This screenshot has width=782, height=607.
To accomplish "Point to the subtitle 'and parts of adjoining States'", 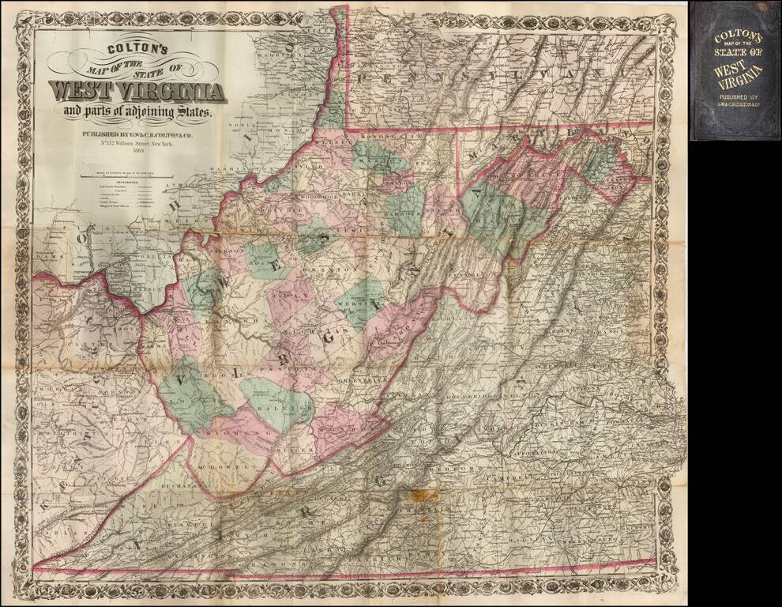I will (138, 112).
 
